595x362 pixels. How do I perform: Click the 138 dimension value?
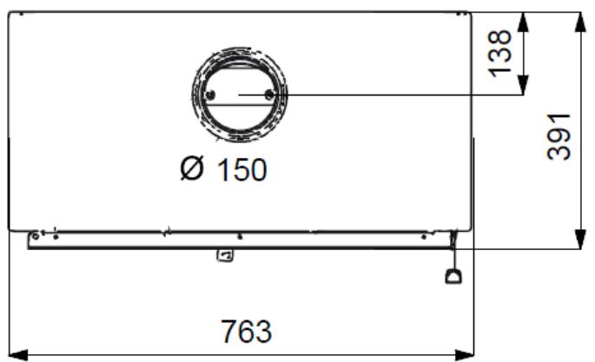[499, 53]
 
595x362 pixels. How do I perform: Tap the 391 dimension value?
[559, 136]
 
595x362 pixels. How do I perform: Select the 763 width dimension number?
[247, 332]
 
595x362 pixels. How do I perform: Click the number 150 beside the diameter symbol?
[241, 169]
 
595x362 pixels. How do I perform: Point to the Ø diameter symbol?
[192, 168]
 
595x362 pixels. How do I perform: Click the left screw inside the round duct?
[210, 95]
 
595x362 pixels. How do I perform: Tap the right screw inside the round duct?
[269, 94]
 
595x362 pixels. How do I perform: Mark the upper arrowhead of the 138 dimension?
[523, 23]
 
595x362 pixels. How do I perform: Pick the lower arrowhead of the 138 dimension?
[523, 84]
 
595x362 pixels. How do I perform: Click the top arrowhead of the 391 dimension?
[580, 23]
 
